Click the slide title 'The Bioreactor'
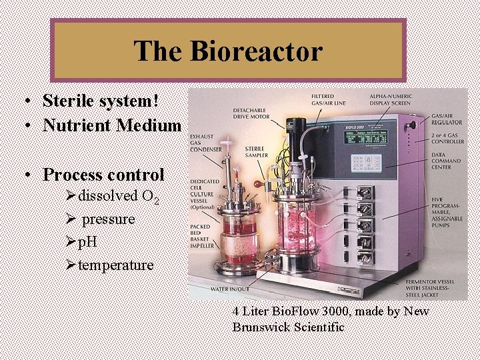(228, 51)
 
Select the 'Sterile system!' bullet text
(101, 101)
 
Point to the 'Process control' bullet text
(103, 175)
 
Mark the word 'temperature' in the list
(115, 265)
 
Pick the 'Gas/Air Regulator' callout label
(446, 119)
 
